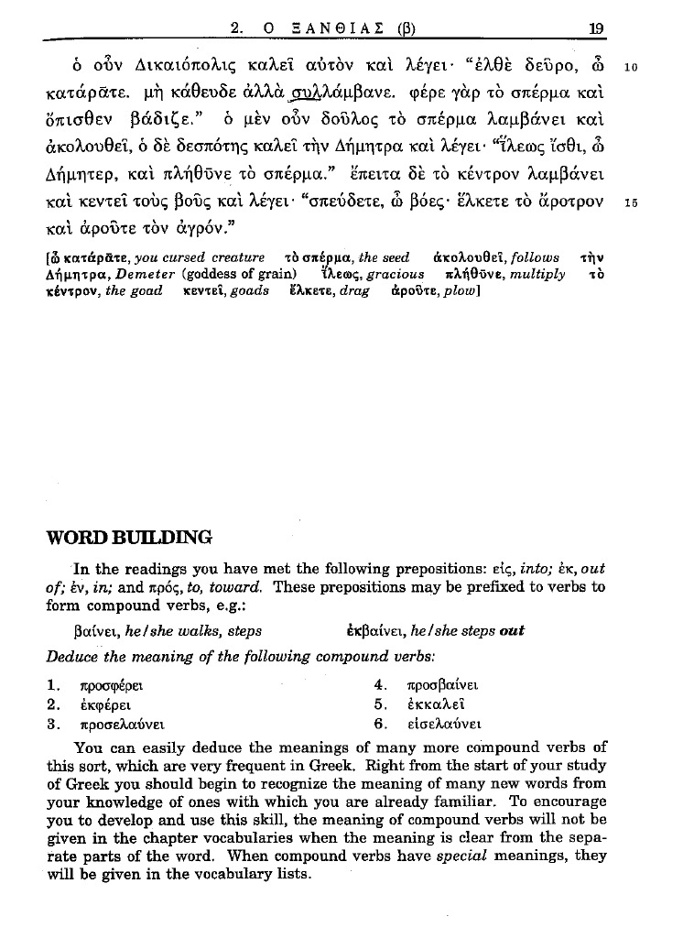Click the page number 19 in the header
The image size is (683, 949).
596,28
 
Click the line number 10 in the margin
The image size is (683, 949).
630,68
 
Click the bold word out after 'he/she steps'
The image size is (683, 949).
512,632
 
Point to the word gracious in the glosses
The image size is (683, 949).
396,274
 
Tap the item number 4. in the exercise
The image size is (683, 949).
382,684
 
